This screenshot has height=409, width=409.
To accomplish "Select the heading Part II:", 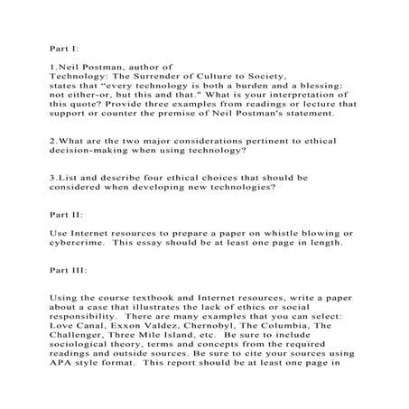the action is pos(67,216).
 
